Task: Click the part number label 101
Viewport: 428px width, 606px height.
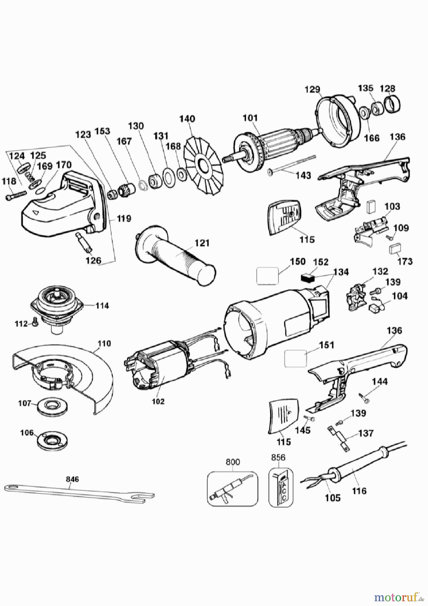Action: point(250,118)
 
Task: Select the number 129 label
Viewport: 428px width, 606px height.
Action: point(312,90)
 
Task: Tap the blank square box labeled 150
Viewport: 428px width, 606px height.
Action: point(267,276)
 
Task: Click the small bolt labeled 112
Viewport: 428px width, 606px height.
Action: point(35,323)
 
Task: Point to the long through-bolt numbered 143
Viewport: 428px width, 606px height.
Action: point(292,165)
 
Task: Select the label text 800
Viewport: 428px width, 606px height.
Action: point(233,462)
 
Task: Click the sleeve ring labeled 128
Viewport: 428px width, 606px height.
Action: point(393,104)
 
